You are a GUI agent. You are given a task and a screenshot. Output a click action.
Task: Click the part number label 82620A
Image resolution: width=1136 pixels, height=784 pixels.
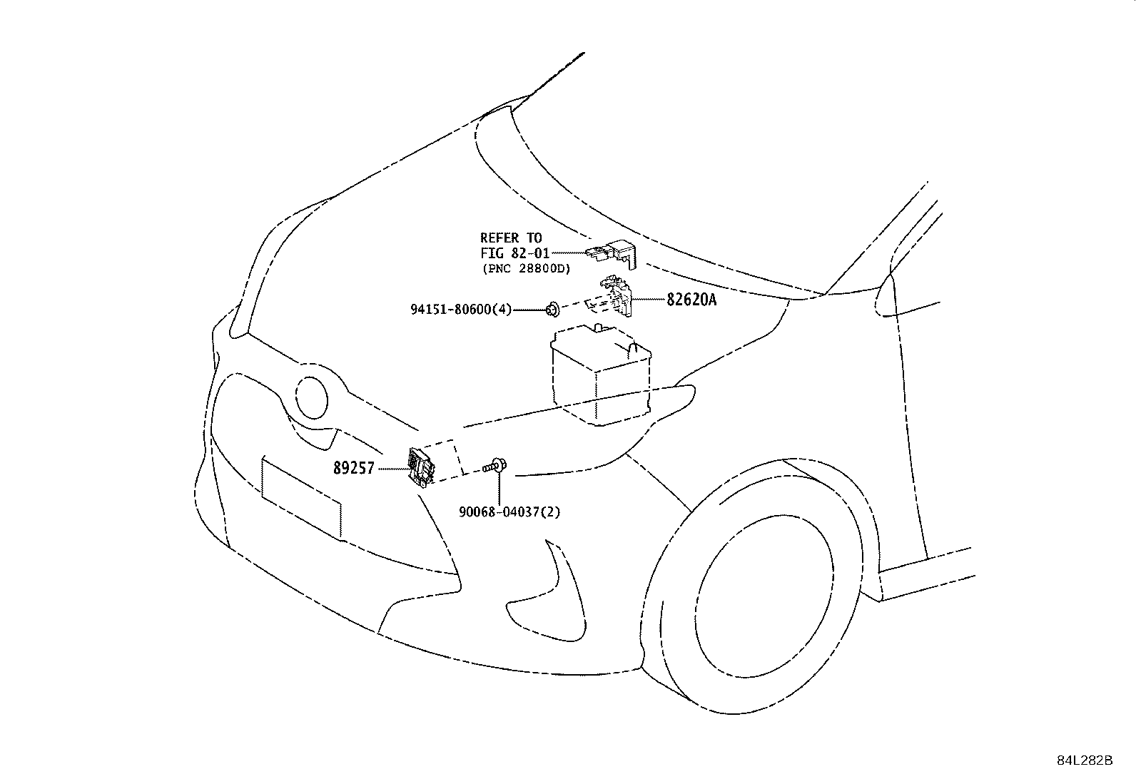[x=691, y=300]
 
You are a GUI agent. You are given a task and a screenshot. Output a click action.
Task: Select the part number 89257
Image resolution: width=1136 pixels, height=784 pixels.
[x=353, y=469]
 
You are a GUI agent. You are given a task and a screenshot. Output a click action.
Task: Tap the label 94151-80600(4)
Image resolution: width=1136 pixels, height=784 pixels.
[x=460, y=310]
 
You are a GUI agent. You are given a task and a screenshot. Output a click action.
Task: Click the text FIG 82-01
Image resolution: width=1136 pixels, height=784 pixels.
[x=514, y=253]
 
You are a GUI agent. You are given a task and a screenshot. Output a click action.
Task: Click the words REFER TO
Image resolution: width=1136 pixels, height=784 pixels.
[x=511, y=238]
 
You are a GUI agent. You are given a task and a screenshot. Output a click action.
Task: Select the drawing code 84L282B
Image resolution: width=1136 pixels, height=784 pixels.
[x=1085, y=760]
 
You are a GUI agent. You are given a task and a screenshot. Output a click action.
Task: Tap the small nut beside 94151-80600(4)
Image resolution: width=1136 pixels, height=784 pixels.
[x=552, y=310]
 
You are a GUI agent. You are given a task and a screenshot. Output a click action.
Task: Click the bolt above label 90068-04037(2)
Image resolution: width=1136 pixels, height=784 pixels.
[x=495, y=467]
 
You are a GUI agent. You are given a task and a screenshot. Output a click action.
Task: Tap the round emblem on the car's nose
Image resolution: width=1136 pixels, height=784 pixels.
[x=312, y=398]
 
